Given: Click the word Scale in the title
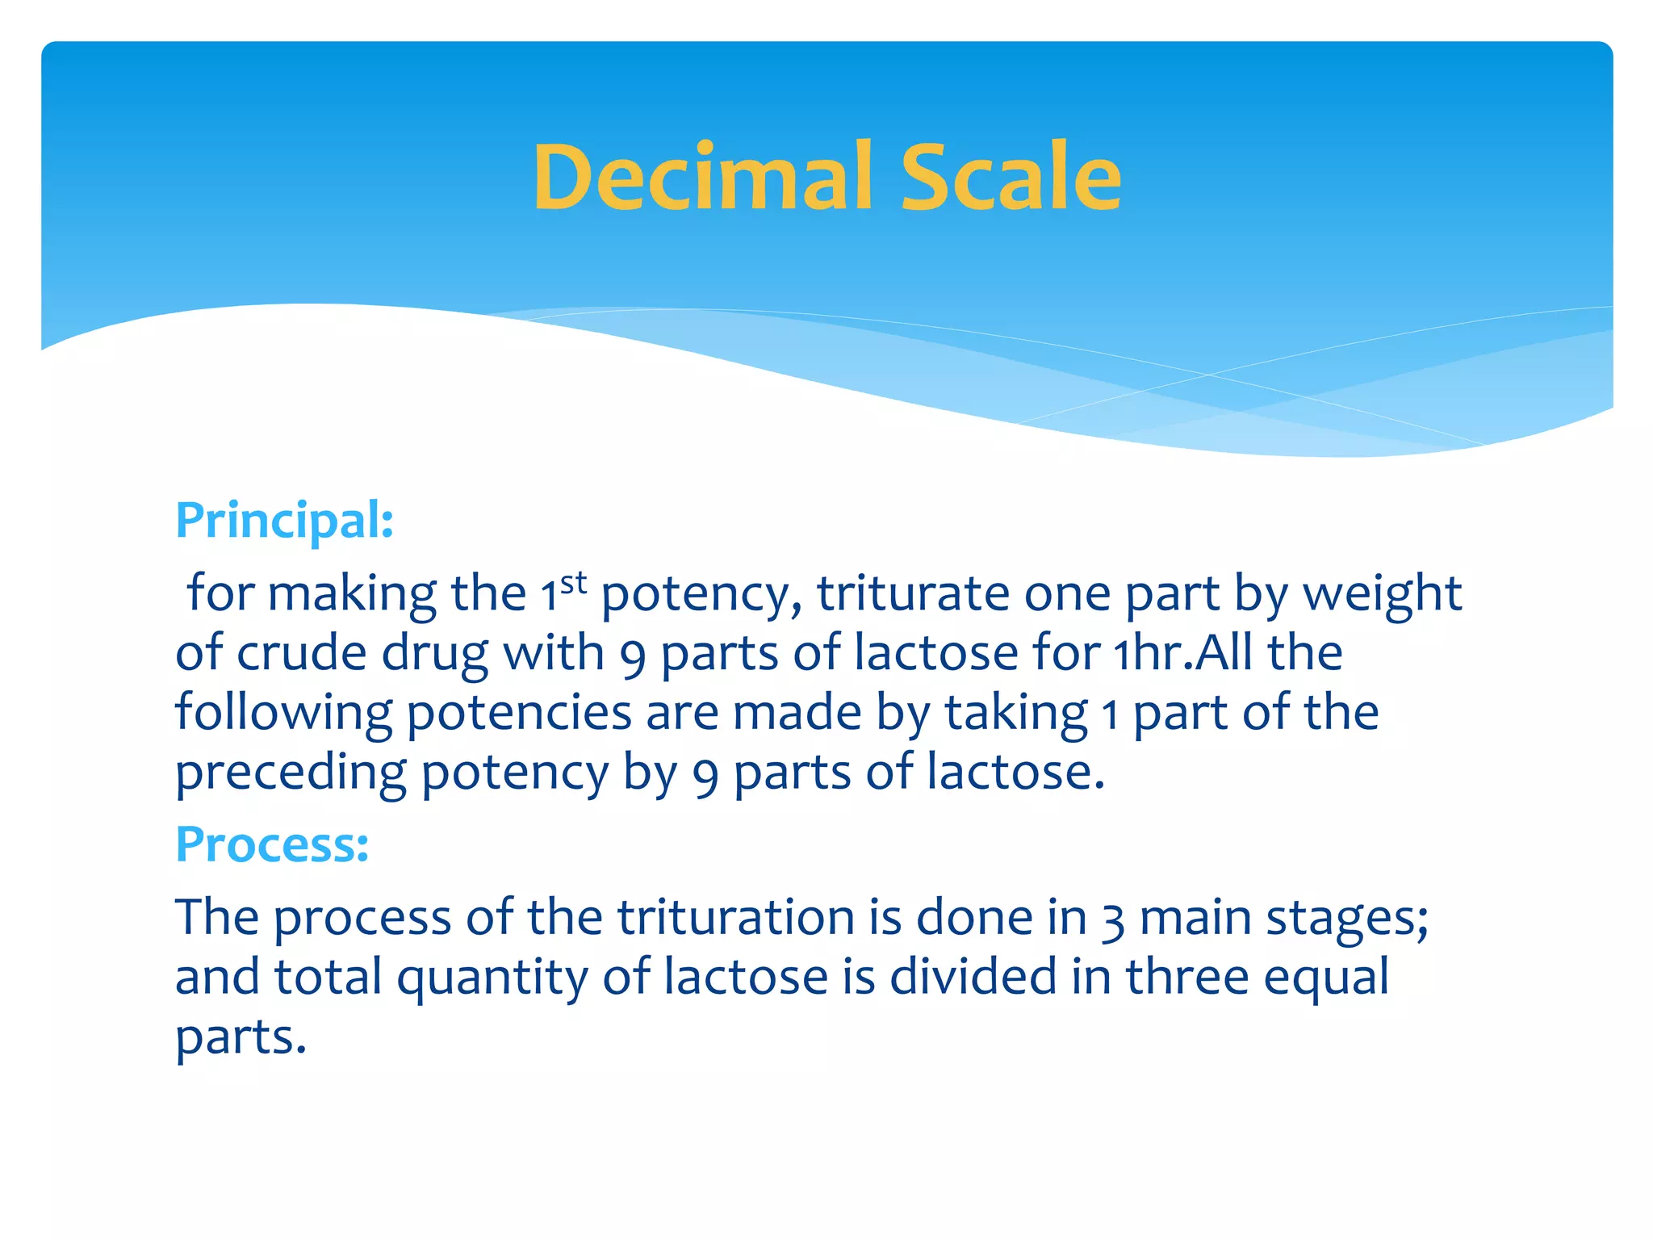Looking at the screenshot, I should click(x=1011, y=178).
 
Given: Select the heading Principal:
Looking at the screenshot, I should click(x=284, y=521).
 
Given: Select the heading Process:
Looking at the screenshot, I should click(x=272, y=844).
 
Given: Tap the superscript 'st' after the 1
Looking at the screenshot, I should click(x=573, y=582).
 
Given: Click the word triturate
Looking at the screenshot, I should click(x=913, y=594).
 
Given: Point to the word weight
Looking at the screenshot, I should click(x=1382, y=596).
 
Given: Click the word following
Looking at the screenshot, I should click(x=283, y=714).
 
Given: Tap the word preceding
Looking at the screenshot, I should click(x=291, y=773).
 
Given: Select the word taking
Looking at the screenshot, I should click(x=1016, y=714).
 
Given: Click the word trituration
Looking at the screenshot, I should click(x=736, y=918).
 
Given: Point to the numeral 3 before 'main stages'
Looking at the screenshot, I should click(x=1112, y=920).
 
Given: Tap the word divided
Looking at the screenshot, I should click(x=973, y=977).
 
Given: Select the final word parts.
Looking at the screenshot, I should click(x=241, y=1038).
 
